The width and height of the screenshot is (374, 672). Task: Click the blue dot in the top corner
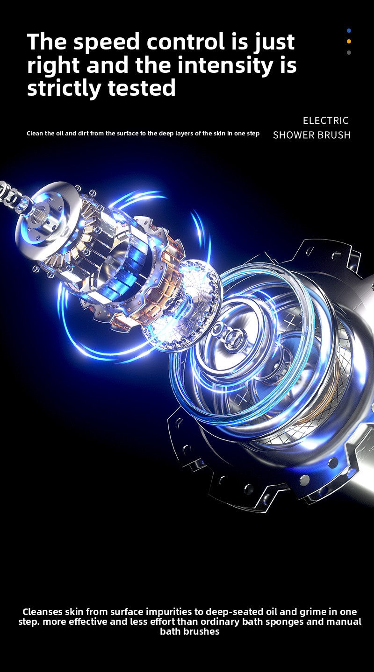click(349, 31)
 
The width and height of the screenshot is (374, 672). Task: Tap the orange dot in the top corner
click(349, 42)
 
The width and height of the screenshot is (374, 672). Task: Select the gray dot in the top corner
click(349, 52)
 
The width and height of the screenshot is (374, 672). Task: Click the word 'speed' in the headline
click(107, 42)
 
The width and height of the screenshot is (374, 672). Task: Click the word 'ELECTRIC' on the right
click(326, 120)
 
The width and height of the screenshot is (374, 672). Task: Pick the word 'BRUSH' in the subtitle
click(334, 135)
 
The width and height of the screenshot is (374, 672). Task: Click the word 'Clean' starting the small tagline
click(35, 133)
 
